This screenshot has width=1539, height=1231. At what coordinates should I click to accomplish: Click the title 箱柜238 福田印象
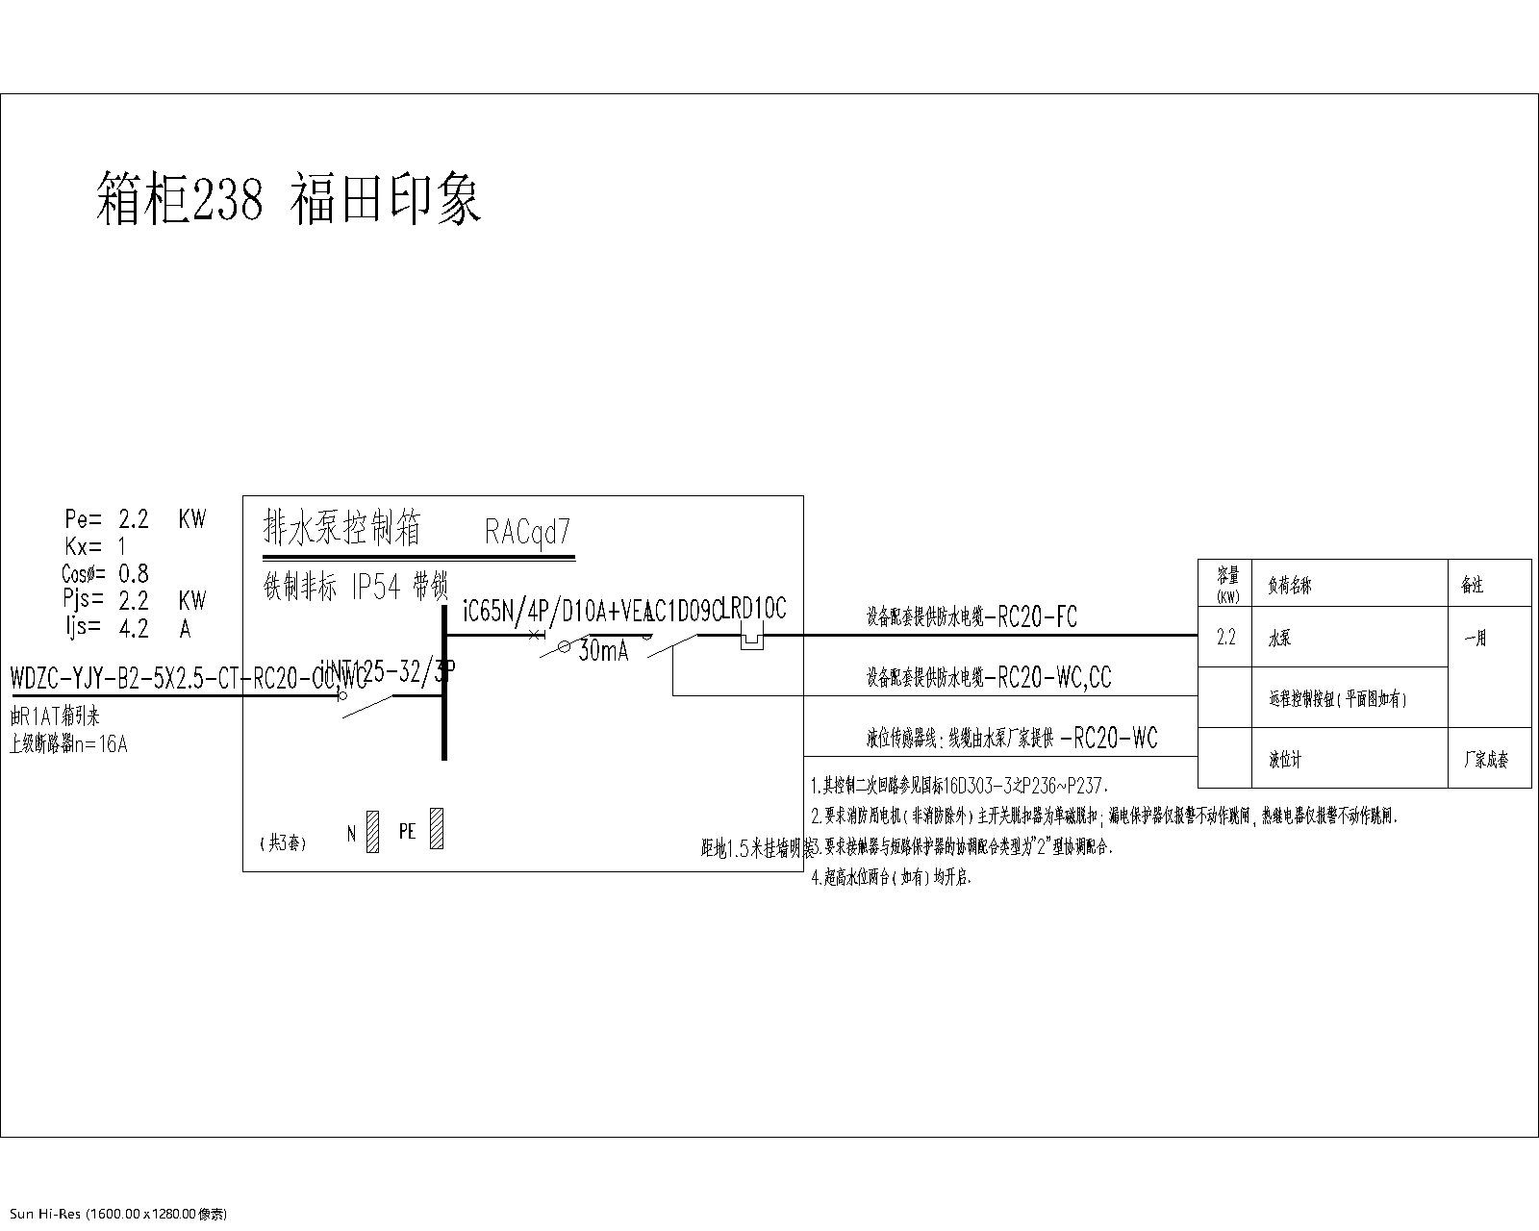(289, 199)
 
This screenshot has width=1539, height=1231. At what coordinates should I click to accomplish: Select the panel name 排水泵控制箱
(341, 528)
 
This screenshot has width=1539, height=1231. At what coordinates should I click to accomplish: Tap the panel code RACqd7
(528, 531)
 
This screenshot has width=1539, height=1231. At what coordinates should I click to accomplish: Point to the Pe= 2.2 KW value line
(135, 519)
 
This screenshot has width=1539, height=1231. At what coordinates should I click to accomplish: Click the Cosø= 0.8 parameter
(105, 574)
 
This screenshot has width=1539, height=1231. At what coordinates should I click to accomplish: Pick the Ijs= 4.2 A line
(127, 629)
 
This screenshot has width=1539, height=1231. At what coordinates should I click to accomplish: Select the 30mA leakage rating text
(603, 651)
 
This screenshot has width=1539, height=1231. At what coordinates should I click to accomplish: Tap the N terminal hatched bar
(373, 832)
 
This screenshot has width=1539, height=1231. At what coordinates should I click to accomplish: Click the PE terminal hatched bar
(437, 829)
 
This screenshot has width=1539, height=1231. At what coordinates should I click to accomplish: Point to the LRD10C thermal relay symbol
(750, 638)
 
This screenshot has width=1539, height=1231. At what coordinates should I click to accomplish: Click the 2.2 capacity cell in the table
(1225, 638)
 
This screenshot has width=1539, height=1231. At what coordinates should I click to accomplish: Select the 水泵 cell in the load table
(1279, 639)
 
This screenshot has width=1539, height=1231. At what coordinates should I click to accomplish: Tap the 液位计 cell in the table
(1285, 760)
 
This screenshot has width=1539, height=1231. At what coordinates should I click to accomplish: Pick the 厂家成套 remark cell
(1486, 760)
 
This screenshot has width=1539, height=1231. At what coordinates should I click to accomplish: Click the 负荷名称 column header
(1290, 585)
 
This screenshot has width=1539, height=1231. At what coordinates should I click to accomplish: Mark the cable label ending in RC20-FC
(971, 617)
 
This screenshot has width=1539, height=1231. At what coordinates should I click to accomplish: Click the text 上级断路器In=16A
(67, 743)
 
